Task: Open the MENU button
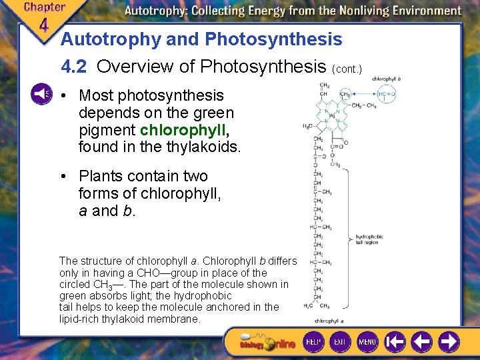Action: (367, 342)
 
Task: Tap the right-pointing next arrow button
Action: (448, 342)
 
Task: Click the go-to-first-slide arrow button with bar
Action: (395, 342)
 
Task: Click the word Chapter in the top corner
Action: (44, 7)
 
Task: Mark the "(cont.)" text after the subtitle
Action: (346, 69)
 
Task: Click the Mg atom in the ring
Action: (332, 115)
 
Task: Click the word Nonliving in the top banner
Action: (346, 11)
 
